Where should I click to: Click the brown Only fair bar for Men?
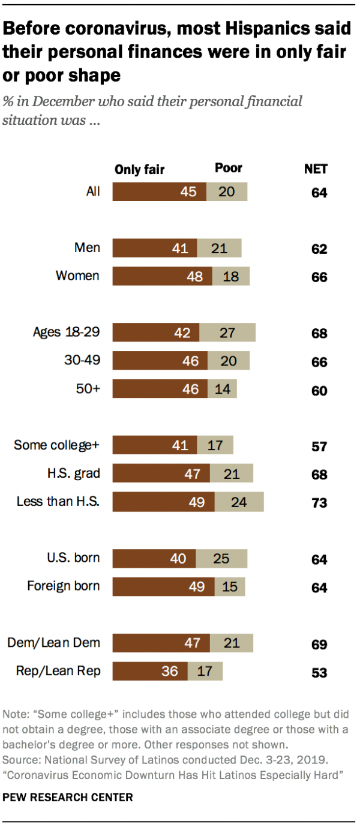click(x=155, y=248)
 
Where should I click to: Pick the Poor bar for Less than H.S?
click(x=239, y=502)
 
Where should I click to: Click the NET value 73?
click(x=319, y=503)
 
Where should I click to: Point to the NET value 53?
click(x=319, y=673)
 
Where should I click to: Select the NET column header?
click(x=316, y=169)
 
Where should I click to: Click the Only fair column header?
click(x=139, y=170)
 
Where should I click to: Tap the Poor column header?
click(x=229, y=169)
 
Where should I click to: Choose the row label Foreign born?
click(x=64, y=586)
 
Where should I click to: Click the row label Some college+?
click(x=57, y=445)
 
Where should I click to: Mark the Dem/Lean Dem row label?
click(x=53, y=643)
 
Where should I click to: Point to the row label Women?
click(x=77, y=276)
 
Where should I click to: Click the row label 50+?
click(x=88, y=389)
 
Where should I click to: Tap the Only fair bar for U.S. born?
click(x=154, y=558)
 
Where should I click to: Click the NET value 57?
click(x=319, y=447)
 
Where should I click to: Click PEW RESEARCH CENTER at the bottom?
click(x=68, y=798)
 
